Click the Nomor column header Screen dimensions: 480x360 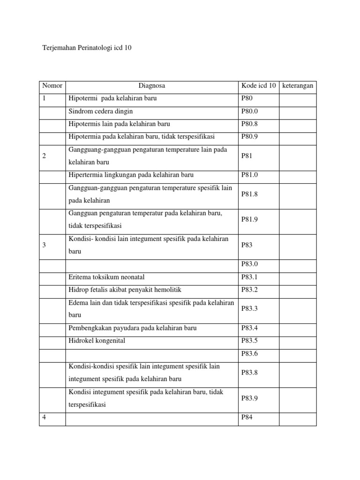click(x=52, y=86)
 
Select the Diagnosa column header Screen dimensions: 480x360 click(x=151, y=86)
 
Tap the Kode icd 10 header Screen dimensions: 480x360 click(x=258, y=86)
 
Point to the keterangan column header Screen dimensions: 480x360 click(x=298, y=86)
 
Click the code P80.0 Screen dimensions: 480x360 click(x=249, y=112)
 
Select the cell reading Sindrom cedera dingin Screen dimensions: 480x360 click(x=100, y=112)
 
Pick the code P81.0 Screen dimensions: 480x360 click(x=249, y=175)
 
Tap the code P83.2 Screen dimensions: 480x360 click(x=249, y=290)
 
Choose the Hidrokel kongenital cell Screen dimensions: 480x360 click(x=97, y=341)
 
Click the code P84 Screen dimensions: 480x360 click(x=247, y=417)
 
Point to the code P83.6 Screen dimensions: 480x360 click(x=249, y=353)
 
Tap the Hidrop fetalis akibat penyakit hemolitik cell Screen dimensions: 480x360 click(x=125, y=290)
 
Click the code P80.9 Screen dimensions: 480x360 click(x=249, y=136)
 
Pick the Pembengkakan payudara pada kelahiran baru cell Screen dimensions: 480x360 click(x=133, y=328)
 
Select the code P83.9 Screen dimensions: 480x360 click(x=249, y=398)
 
